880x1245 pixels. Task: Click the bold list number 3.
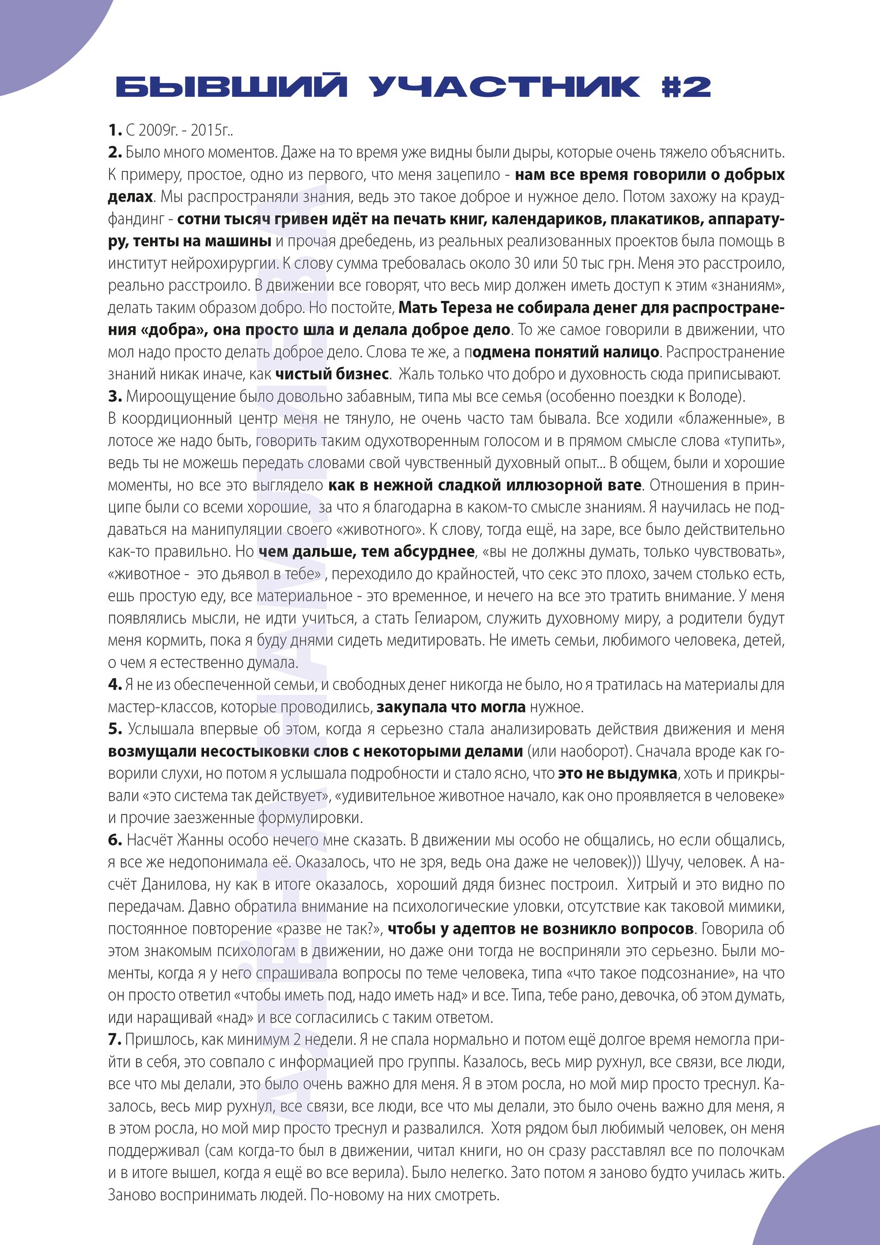pos(115,397)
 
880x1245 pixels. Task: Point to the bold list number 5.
pos(115,729)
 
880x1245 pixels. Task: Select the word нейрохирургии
pos(228,263)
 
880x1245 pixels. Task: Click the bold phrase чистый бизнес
pos(332,374)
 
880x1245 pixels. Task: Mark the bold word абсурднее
pos(435,552)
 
